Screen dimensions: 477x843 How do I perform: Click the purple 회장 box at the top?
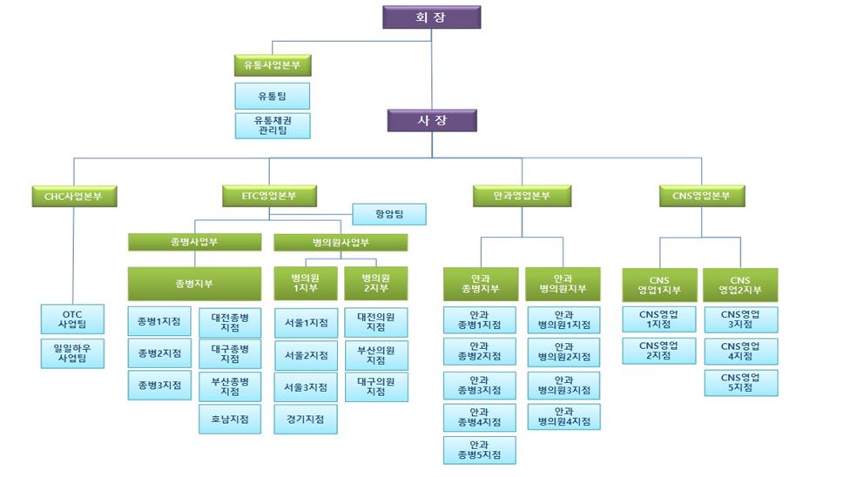[431, 17]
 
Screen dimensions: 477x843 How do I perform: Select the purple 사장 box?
[431, 120]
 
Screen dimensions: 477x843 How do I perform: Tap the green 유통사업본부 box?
[273, 65]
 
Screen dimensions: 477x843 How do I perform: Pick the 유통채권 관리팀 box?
[273, 125]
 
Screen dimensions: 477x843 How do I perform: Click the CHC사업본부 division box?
[73, 196]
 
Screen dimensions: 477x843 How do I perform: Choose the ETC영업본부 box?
[268, 196]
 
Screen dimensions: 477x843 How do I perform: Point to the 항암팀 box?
[389, 214]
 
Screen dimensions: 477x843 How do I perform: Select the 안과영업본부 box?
[522, 196]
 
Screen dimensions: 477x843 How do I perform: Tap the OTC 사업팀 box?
[73, 319]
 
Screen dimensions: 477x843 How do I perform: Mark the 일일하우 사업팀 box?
[73, 352]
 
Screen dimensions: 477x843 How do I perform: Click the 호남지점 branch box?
[230, 419]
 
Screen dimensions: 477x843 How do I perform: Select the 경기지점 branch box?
[306, 419]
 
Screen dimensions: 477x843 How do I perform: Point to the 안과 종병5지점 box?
[479, 450]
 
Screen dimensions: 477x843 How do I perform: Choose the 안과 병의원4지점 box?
[563, 416]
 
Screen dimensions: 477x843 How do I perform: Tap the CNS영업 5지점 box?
[741, 383]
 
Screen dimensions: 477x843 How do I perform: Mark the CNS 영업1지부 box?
[659, 285]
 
